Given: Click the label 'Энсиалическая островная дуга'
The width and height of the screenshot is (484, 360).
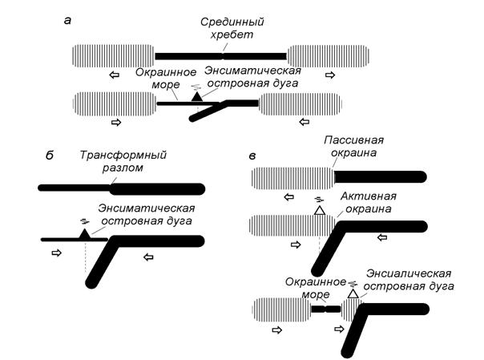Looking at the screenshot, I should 409,280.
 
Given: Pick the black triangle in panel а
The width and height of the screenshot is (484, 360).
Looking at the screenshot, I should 196,97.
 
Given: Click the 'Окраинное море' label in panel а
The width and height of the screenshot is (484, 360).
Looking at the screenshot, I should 161,77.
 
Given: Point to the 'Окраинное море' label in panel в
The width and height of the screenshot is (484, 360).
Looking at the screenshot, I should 314,287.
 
